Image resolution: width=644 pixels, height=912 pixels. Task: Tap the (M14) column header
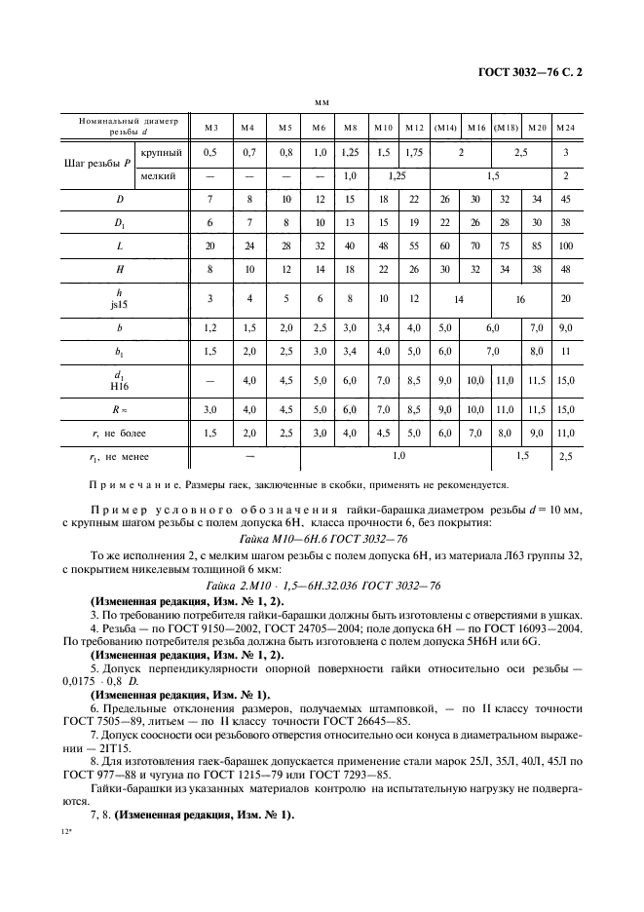point(445,128)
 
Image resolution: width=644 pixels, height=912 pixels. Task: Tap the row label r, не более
point(119,432)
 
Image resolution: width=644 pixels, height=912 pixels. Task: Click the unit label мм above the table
point(321,101)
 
